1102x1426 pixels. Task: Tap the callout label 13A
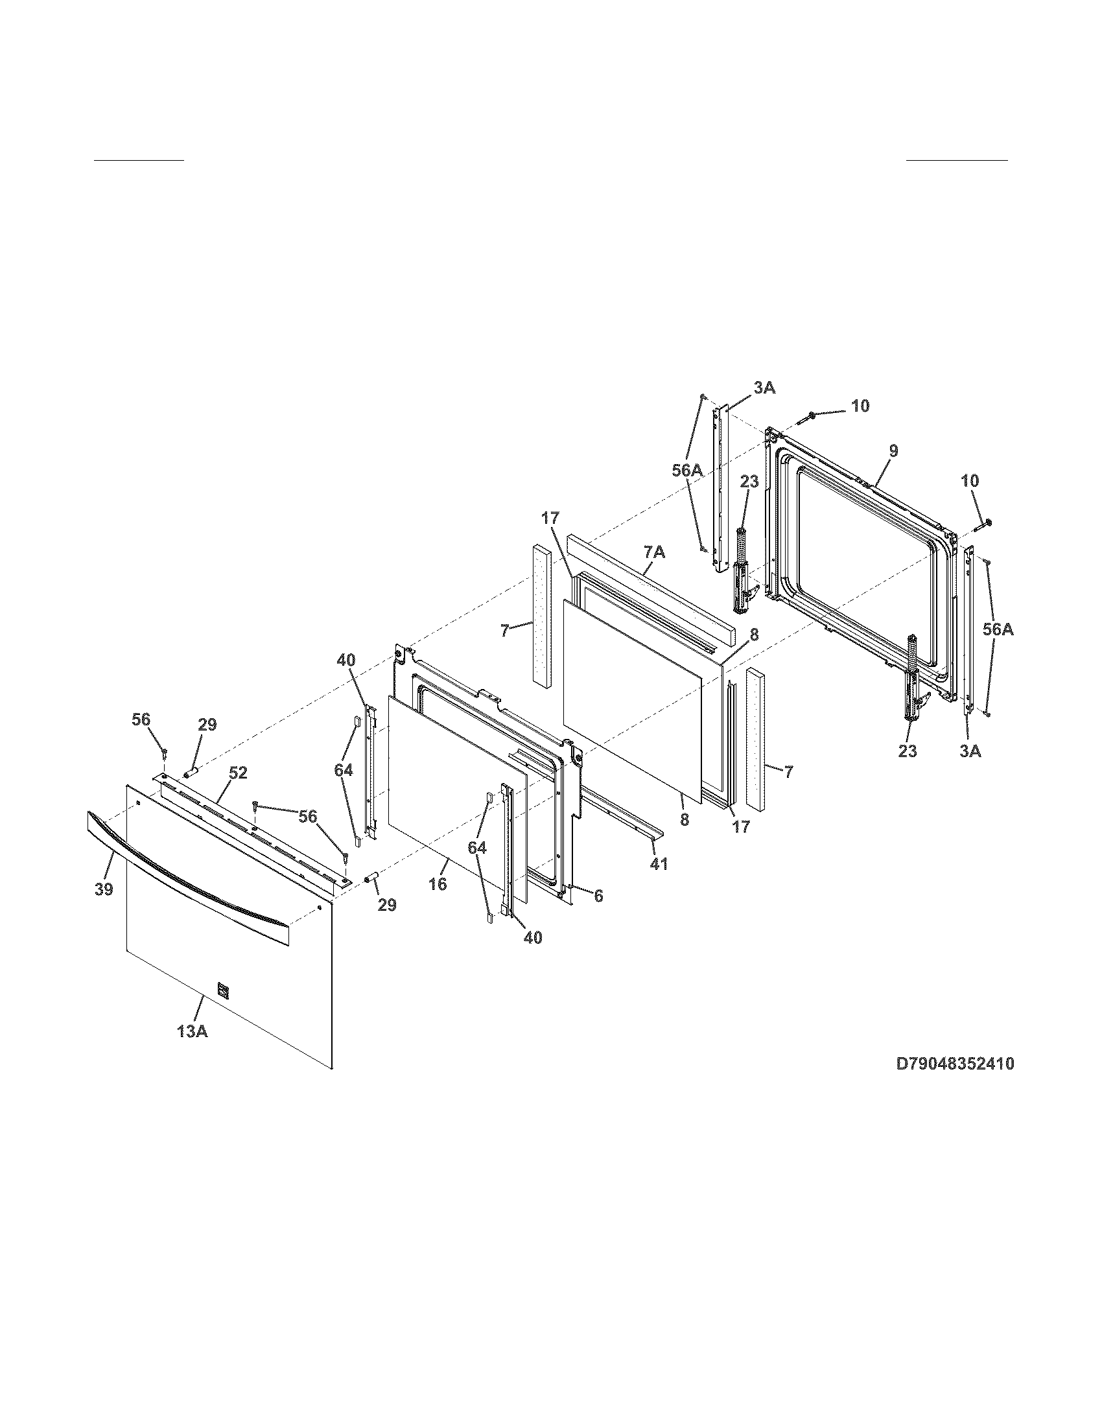coord(192,1032)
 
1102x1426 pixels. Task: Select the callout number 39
coord(104,889)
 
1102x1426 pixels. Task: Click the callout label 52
coord(239,773)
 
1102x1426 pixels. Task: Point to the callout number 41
coord(659,864)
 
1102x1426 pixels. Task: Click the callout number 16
coord(438,884)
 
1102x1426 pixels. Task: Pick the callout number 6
coord(598,895)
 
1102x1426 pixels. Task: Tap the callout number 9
coord(893,450)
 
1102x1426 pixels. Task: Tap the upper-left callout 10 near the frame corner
coord(860,406)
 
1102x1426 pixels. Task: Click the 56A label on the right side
coord(998,630)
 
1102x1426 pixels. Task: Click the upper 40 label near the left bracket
coord(346,660)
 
